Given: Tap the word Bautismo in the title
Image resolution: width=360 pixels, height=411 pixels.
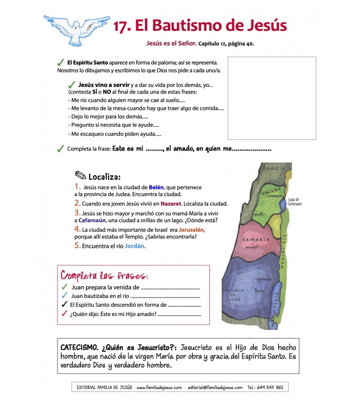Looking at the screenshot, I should (x=185, y=26).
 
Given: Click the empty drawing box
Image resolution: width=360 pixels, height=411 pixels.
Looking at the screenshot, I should (x=272, y=98).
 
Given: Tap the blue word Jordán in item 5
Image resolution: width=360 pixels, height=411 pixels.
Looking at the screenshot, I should (x=134, y=246).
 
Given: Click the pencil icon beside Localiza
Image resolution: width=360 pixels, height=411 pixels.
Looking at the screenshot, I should (x=80, y=176).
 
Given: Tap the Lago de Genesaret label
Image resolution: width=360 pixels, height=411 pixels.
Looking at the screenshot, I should (x=295, y=201).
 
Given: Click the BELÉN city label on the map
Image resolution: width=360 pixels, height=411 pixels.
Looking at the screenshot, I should (x=260, y=290).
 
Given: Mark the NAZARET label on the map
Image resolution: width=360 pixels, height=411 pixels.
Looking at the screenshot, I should (x=259, y=215).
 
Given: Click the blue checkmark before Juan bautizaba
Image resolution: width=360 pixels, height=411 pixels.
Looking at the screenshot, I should (x=64, y=295).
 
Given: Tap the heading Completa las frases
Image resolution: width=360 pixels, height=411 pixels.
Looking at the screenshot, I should (x=105, y=274).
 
